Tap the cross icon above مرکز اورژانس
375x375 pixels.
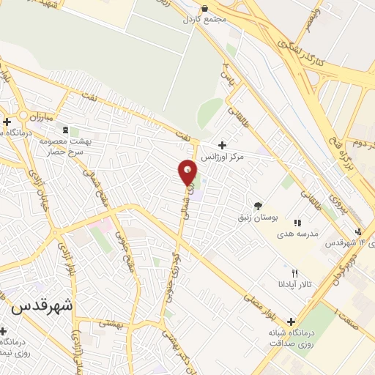pyautogui.click(x=222, y=144)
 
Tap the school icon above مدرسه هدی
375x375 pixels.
pyautogui.click(x=297, y=222)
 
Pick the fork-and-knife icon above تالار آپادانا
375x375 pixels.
pyautogui.click(x=295, y=272)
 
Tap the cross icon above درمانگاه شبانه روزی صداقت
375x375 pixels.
pyautogui.click(x=292, y=322)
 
